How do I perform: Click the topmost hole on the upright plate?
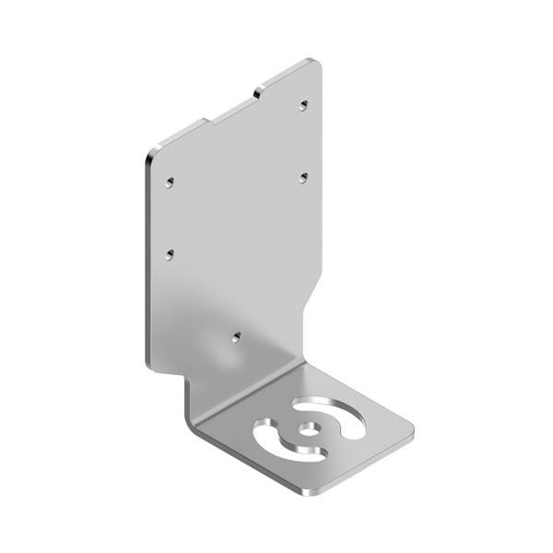(302, 106)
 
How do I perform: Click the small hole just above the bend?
(237, 337)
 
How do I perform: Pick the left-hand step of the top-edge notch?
(207, 122)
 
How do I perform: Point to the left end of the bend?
(191, 410)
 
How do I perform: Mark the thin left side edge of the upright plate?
(148, 258)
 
